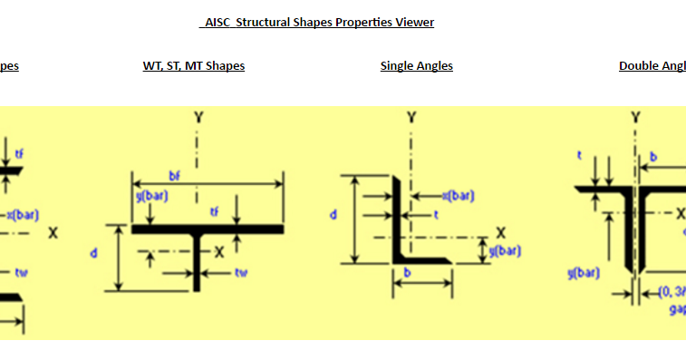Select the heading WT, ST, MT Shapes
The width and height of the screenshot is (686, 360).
pyautogui.click(x=194, y=65)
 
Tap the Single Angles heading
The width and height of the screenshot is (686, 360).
pyautogui.click(x=417, y=65)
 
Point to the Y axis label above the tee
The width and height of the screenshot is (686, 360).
pyautogui.click(x=198, y=118)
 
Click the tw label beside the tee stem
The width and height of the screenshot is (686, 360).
pyautogui.click(x=241, y=272)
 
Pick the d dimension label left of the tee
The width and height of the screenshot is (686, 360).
pyautogui.click(x=93, y=253)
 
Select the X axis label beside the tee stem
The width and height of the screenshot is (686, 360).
pyautogui.click(x=218, y=252)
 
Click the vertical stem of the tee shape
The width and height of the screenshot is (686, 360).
pyautogui.click(x=197, y=268)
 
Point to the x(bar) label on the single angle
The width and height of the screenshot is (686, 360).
pyautogui.click(x=458, y=196)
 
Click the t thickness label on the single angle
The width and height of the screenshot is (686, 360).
pyautogui.click(x=435, y=215)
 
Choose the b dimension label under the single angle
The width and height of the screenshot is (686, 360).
pyautogui.click(x=408, y=271)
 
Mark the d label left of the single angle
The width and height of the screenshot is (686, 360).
pyautogui.click(x=333, y=216)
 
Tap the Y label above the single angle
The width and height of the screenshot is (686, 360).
pyautogui.click(x=411, y=118)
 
